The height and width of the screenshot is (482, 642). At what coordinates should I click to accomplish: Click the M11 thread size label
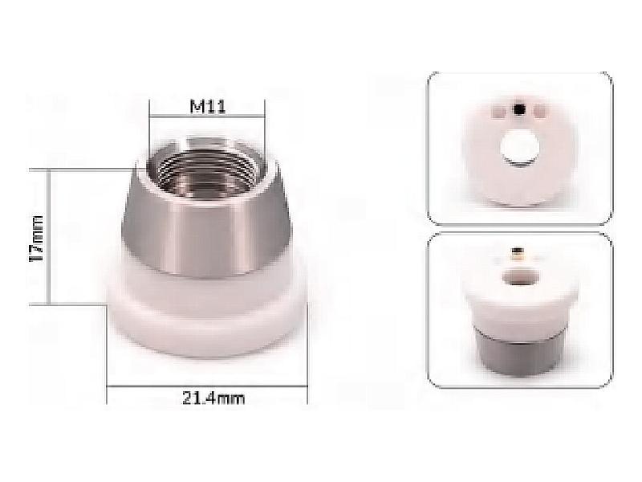208,107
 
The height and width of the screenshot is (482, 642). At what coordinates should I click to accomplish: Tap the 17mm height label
37,238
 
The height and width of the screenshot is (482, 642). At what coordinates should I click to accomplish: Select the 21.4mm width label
213,398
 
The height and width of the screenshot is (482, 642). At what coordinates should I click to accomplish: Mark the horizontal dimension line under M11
207,116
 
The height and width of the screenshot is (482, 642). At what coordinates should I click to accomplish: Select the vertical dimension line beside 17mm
49,236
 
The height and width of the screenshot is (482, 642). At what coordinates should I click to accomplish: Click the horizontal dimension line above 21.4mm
207,386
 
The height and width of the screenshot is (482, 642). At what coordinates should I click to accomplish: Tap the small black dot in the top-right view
519,108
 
